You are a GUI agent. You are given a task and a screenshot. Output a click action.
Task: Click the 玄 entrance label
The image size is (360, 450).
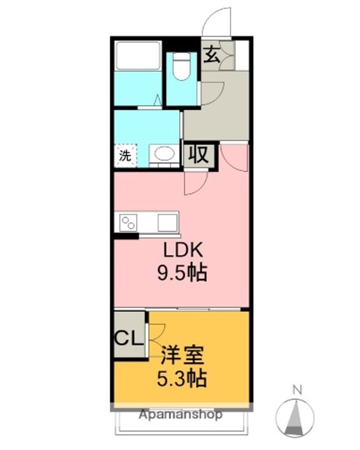point(212,55)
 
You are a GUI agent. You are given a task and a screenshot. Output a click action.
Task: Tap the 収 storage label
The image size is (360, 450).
point(198,155)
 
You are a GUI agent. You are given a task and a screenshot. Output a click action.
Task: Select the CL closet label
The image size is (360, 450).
point(129,338)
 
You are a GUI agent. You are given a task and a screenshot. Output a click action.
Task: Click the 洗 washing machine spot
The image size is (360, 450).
point(126,155)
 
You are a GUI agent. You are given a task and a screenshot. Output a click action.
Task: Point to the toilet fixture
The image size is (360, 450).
point(182,66)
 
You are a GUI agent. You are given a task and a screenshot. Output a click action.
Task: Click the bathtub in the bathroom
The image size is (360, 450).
point(137,56)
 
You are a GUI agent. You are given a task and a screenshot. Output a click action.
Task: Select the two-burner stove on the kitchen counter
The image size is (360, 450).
point(128,222)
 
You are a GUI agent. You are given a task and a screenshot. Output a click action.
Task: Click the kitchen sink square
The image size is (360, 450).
point(167,222)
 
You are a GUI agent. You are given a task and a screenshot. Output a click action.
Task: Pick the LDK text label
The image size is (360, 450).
point(183,250)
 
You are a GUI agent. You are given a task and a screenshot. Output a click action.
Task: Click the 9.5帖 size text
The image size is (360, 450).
point(182,273)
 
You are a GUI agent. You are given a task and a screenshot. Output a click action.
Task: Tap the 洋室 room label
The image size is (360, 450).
point(182,355)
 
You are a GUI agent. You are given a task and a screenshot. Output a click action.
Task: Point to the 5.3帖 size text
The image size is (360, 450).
point(182,379)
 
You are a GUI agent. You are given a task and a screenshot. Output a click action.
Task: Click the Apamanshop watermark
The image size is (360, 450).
point(180,414)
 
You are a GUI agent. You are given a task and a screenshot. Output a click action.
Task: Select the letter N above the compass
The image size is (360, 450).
point(297,390)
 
